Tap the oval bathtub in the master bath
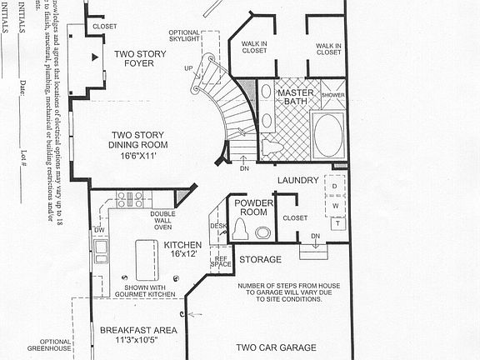327,136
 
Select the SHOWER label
333,96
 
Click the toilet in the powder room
263,232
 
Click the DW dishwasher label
99,230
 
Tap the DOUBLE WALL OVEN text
162,219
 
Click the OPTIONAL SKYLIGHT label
185,36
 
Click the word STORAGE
260,260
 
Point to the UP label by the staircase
188,68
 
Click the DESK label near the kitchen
218,226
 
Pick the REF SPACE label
222,262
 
